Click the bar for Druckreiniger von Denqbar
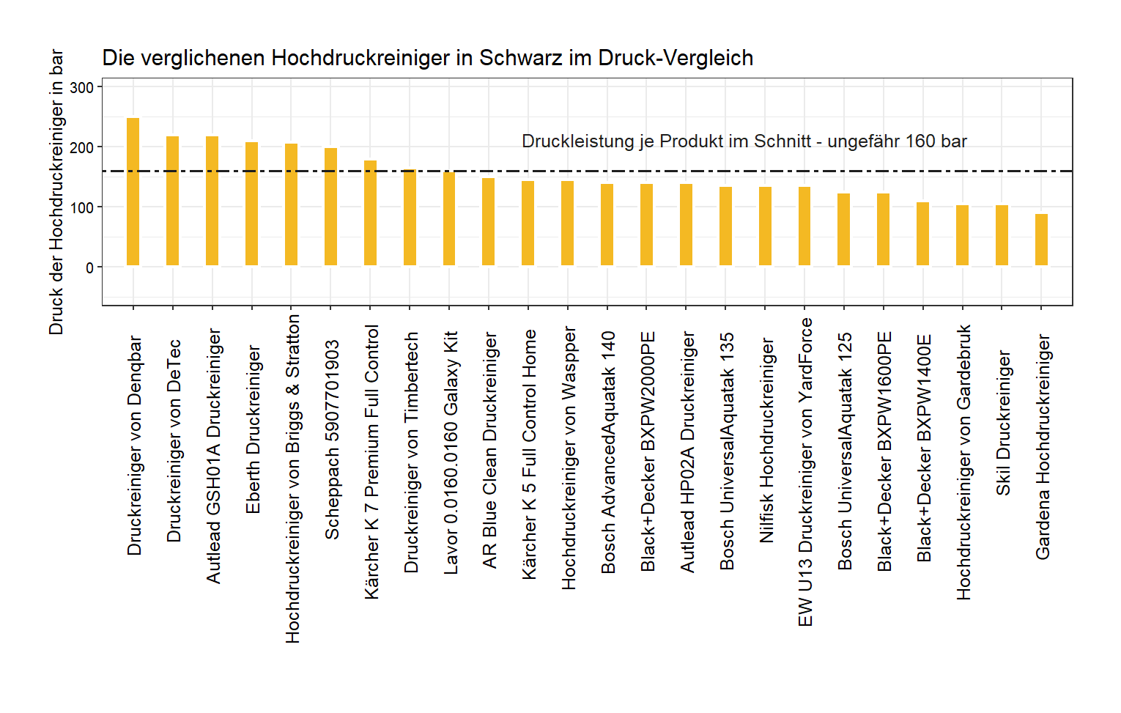point(133,192)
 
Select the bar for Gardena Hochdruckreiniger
point(1041,240)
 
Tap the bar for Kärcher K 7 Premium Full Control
point(370,213)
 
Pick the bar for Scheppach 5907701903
point(330,207)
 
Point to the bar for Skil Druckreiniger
point(1002,235)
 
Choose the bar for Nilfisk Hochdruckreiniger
point(765,226)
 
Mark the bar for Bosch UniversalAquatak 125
point(843,229)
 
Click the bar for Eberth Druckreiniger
point(251,204)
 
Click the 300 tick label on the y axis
point(82,88)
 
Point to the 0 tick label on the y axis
point(89,268)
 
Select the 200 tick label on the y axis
point(82,148)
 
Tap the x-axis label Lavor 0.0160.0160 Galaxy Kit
point(451,452)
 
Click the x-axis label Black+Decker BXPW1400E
point(924,448)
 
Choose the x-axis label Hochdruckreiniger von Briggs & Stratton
point(292,479)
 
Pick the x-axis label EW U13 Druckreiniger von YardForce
point(805,472)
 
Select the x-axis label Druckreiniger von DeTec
point(174,440)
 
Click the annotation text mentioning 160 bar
point(744,141)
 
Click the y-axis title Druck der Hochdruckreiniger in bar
point(56,192)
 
